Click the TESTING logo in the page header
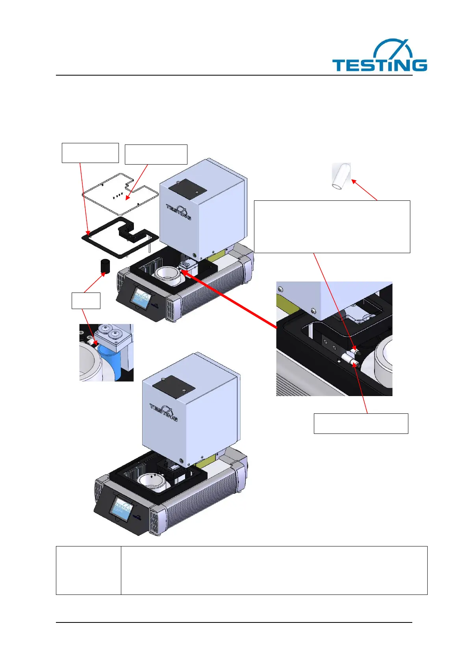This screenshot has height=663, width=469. pyautogui.click(x=379, y=56)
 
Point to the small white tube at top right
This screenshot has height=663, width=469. pyautogui.click(x=341, y=177)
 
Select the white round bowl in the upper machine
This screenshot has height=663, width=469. pyautogui.click(x=169, y=276)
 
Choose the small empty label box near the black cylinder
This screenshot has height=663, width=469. pyautogui.click(x=86, y=300)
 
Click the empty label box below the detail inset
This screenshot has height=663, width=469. pyautogui.click(x=360, y=423)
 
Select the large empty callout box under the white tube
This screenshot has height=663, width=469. pyautogui.click(x=332, y=226)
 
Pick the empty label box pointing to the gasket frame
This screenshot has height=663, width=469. pyautogui.click(x=90, y=153)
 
